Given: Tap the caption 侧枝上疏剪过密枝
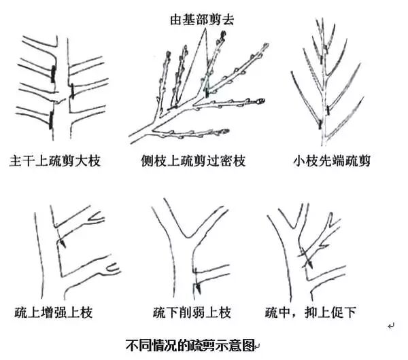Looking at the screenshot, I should coord(192,162).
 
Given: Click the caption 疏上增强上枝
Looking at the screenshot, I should coord(54,313).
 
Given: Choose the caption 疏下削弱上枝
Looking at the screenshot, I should coord(192,313).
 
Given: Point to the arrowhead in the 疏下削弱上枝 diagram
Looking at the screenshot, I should coord(194,278).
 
